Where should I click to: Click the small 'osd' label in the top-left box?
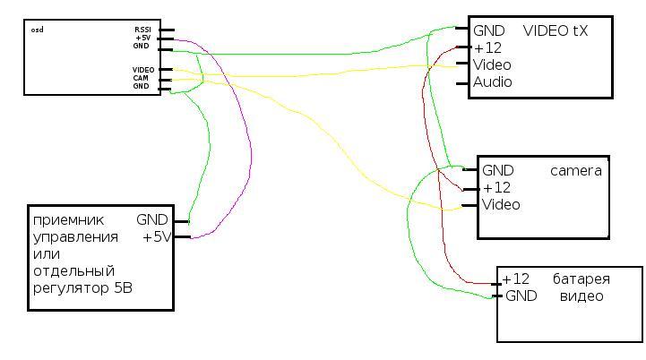coord(37,30)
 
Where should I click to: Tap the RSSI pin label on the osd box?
coord(142,30)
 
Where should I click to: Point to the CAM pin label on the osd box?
coord(142,78)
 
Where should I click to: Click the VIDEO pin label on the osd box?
coord(142,69)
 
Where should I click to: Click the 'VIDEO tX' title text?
coord(556,30)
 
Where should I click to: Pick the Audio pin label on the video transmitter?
coord(493,82)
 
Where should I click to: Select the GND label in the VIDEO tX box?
coord(489,30)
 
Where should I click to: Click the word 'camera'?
coord(576,170)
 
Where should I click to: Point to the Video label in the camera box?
coord(501,205)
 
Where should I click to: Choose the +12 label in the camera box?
coord(496,188)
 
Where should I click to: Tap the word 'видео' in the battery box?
coord(581,296)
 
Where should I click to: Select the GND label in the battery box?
coord(521,296)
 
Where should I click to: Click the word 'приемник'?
coord(68,219)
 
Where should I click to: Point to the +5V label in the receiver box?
coord(157,237)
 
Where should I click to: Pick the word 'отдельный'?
coord(74,270)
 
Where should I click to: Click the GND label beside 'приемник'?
coord(152,219)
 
